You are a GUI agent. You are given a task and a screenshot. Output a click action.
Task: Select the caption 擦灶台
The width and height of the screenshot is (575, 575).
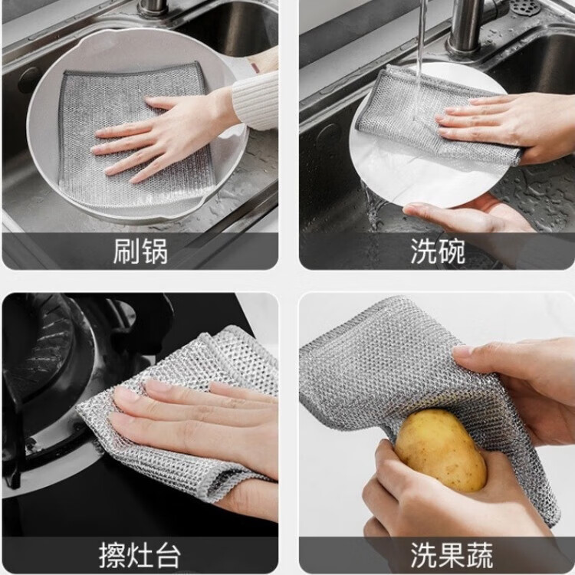(140, 554)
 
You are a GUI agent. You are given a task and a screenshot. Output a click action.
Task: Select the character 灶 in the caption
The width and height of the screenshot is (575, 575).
(140, 554)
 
